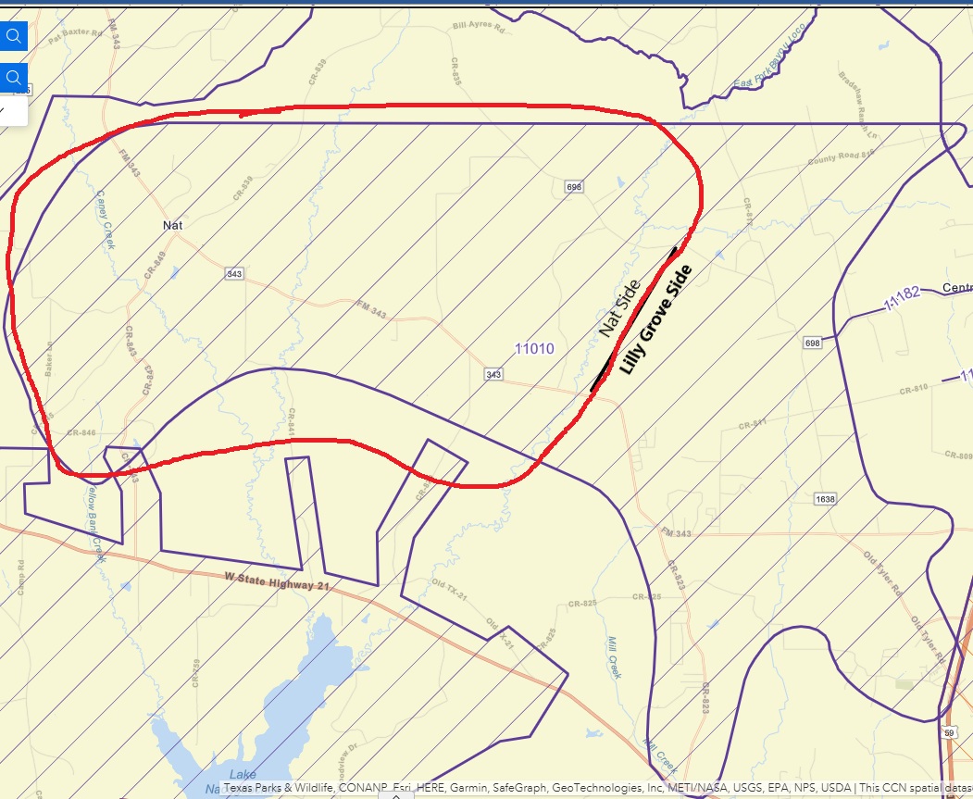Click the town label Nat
pos(172,225)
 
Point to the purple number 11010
pos(534,349)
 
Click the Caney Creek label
pos(105,219)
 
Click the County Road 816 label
pos(841,158)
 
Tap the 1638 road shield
pos(825,499)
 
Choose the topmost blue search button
pos(14,36)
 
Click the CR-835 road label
pos(456,72)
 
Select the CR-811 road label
pos(753,424)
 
